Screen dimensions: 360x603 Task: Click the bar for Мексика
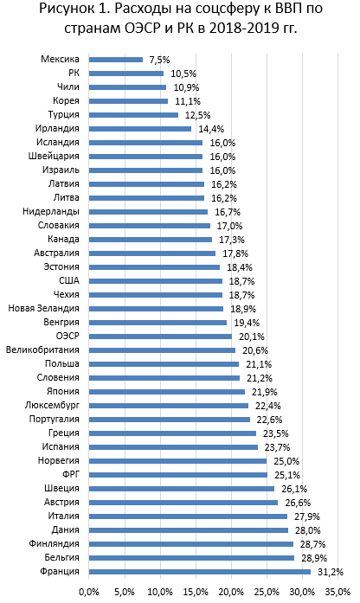116,60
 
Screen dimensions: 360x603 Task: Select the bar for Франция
200,572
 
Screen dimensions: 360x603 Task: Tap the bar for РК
126,74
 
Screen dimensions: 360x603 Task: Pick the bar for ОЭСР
160,337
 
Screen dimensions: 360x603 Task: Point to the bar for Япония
167,392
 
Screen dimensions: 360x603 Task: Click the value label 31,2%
331,572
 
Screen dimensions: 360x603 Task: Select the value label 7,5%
159,60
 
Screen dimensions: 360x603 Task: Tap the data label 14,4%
211,129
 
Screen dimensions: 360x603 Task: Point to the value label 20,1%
252,337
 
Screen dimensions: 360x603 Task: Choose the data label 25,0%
286,461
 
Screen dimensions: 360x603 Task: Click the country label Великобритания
42,350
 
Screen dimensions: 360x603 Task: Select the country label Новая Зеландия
44,309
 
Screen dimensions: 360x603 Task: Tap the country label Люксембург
52,406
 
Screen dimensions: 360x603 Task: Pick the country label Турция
64,114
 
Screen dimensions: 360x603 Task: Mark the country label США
69,280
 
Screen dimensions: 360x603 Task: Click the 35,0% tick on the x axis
337,592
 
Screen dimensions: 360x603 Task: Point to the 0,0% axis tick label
89,592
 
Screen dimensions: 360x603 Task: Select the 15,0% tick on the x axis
196,592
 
